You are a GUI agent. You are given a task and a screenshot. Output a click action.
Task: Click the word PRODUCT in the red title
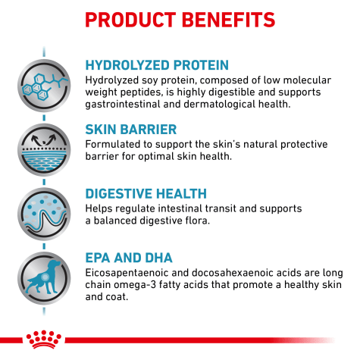tap(130, 20)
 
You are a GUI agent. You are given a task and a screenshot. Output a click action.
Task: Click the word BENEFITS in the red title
tap(228, 20)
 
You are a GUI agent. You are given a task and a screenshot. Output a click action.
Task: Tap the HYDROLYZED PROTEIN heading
tap(157, 65)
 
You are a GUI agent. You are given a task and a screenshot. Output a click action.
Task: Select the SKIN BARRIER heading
tap(131, 130)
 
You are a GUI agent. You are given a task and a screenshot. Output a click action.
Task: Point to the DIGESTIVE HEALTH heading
tap(146, 194)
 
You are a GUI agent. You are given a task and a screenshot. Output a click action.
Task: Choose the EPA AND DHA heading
tap(129, 258)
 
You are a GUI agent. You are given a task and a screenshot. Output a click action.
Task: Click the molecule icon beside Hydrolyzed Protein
tap(44, 86)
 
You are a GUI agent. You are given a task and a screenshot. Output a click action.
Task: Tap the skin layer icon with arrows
tap(44, 150)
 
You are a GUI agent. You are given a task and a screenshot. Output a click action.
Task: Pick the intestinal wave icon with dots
tap(44, 214)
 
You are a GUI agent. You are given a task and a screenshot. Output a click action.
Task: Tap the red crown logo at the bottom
tap(44, 340)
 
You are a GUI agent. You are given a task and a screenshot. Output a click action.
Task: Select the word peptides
tap(141, 92)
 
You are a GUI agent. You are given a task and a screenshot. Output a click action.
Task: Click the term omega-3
tap(135, 285)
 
